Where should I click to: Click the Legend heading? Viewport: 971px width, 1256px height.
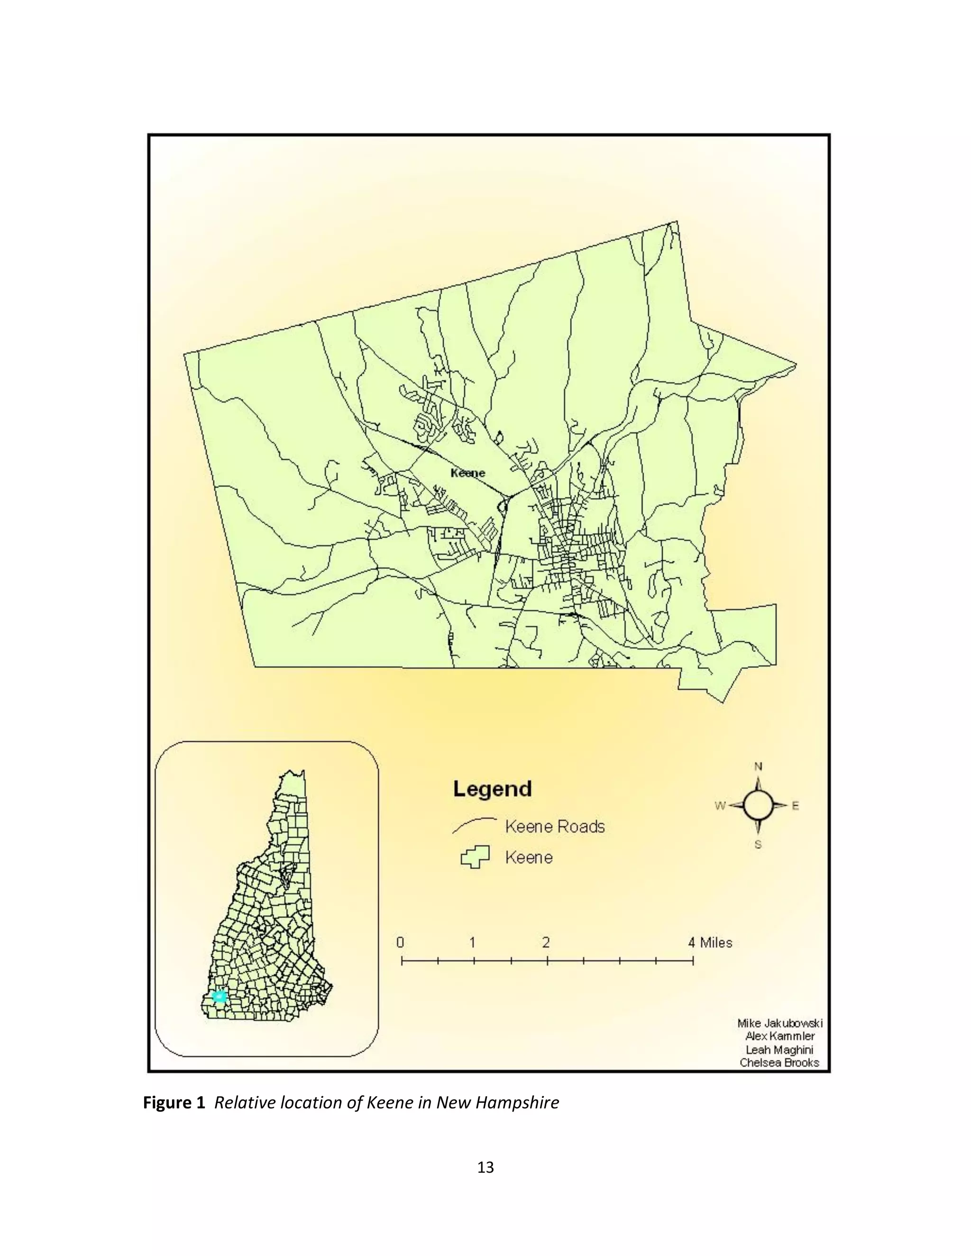493,789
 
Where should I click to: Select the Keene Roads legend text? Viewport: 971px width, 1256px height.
555,827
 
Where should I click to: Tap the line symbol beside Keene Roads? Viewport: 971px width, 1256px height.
474,825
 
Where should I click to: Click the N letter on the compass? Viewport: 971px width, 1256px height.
758,766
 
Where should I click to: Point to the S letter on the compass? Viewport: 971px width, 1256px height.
758,845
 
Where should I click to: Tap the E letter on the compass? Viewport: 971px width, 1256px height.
796,806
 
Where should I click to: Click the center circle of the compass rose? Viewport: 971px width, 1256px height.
758,806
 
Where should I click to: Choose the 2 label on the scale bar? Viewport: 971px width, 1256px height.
545,943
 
